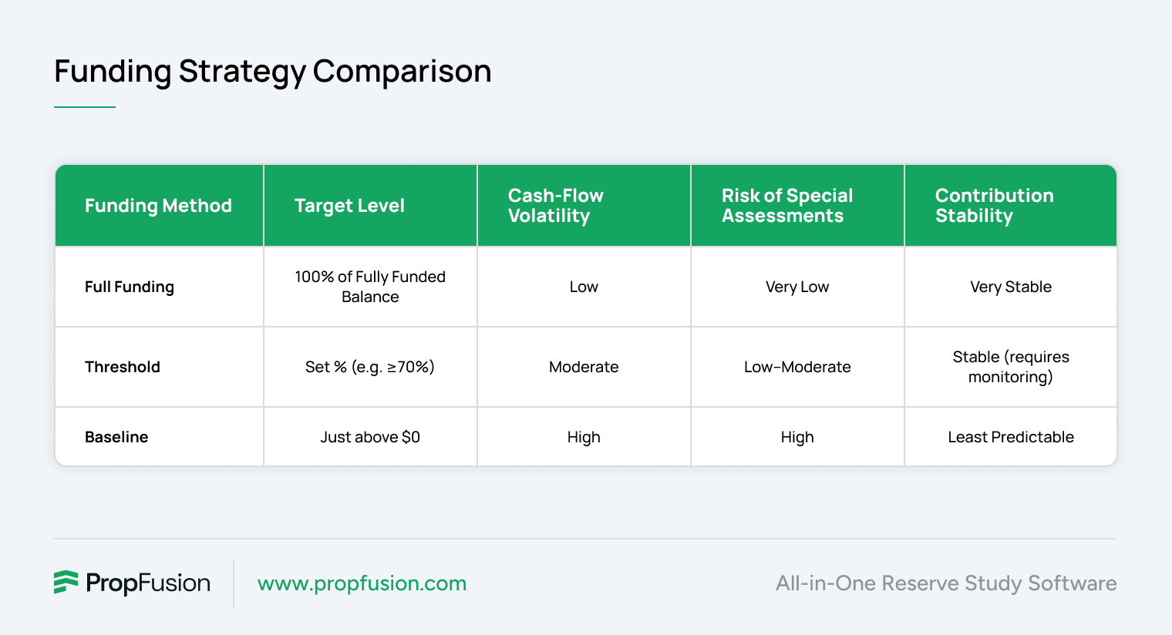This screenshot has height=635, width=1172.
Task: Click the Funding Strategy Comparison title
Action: [273, 72]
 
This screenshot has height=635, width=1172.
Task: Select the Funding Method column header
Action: [158, 206]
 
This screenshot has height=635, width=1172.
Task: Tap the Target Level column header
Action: [349, 206]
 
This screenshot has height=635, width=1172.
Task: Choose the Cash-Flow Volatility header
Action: [556, 206]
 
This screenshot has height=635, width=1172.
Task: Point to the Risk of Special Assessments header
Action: [787, 206]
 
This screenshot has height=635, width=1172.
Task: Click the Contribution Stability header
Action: [994, 206]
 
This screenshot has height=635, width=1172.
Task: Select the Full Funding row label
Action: [130, 287]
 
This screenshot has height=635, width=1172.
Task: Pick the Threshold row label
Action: [123, 367]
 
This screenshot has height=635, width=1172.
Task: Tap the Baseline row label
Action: [116, 437]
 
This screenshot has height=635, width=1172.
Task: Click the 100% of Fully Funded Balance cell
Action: [370, 287]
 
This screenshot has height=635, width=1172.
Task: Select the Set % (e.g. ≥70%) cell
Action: [370, 367]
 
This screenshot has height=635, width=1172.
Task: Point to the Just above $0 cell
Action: [370, 437]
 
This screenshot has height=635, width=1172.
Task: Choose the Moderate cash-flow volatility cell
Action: [584, 367]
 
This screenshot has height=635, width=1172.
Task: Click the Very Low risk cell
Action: [796, 287]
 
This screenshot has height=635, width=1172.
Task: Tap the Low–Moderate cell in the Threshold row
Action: [796, 367]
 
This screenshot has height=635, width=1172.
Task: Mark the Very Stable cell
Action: [1010, 287]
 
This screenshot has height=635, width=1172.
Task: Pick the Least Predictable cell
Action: [1010, 437]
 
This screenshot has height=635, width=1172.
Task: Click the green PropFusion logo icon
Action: [66, 582]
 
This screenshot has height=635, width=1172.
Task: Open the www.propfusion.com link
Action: [362, 583]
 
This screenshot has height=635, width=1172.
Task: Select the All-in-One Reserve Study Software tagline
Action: [946, 583]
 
